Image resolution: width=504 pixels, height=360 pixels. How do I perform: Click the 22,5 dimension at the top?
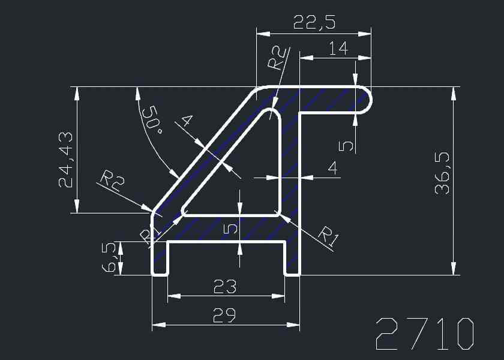point(314,23)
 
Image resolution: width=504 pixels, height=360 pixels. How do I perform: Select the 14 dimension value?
point(338,49)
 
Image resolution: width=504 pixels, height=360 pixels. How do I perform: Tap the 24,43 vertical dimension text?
point(67,159)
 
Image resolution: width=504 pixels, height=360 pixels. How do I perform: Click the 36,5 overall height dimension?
point(443,174)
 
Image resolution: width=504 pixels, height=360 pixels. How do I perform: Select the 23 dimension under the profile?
point(225,287)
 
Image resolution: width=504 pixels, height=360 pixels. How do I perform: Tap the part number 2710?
point(425,334)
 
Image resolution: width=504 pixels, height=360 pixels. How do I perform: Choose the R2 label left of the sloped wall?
point(111,181)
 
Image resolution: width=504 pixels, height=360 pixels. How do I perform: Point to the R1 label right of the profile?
point(328,236)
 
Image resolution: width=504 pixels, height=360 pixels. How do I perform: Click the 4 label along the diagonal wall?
point(186,121)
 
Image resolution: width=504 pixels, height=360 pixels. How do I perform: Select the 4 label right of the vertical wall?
point(332,168)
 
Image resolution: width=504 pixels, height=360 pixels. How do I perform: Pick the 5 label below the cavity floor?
point(230,228)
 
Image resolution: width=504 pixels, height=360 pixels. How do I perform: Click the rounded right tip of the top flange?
point(365,100)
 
